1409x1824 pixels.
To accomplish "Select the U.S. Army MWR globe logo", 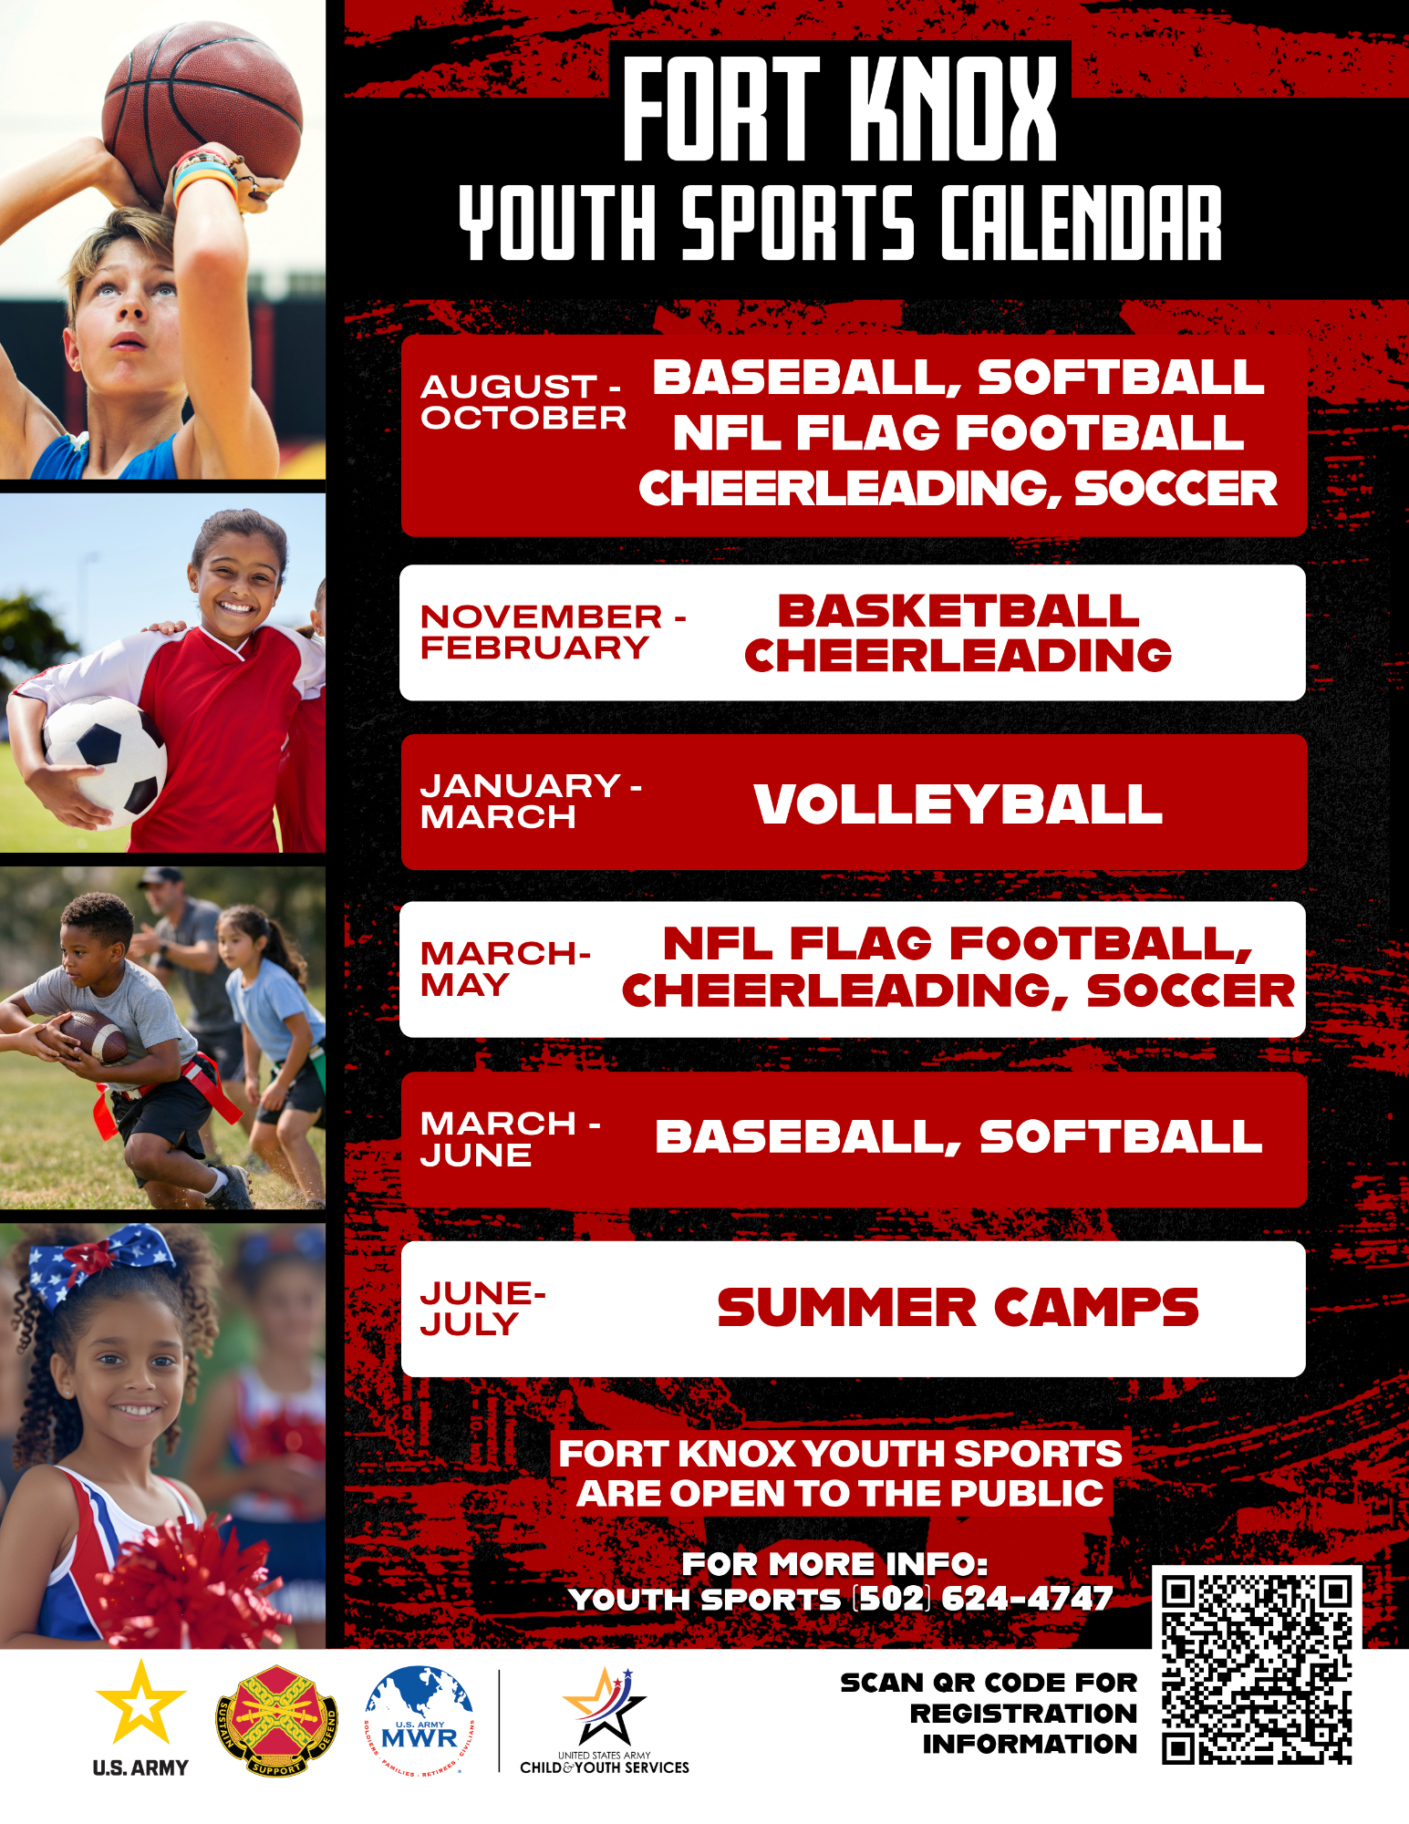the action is tap(420, 1720).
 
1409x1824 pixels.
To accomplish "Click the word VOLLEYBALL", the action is tap(958, 804).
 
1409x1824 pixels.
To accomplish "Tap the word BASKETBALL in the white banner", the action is tap(958, 610).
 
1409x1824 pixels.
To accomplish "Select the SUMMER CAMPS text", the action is tap(958, 1307).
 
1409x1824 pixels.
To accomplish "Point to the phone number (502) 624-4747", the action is tap(982, 1599).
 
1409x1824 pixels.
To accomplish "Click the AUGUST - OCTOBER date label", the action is tap(523, 401).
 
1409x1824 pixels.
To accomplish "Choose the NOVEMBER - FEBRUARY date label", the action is tap(553, 631).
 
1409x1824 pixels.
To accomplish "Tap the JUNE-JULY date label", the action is tap(483, 1309).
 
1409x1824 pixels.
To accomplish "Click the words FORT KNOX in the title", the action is tap(840, 109).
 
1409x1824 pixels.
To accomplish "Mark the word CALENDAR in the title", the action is tap(1081, 223).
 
